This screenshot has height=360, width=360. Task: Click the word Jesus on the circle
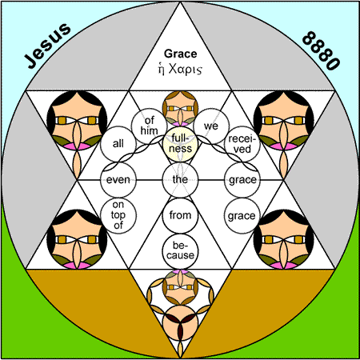[x=47, y=46]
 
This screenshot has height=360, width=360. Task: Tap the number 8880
[x=321, y=50]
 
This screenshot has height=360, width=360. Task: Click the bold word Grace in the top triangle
[x=181, y=54]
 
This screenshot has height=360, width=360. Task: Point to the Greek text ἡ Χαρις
[x=180, y=69]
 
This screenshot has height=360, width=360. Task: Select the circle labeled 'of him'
[x=149, y=126]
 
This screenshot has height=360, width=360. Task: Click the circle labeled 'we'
[x=211, y=126]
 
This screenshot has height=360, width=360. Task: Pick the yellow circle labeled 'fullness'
[x=181, y=143]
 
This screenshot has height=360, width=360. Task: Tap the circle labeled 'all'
[x=118, y=144]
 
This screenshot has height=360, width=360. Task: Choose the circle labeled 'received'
[x=242, y=144]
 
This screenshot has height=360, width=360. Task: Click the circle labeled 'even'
[x=118, y=180]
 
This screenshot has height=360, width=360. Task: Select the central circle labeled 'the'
[x=181, y=180]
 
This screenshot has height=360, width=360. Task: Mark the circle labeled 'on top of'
[x=118, y=216]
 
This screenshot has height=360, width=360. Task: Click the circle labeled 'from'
[x=181, y=215]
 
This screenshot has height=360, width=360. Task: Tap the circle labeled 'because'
[x=181, y=251]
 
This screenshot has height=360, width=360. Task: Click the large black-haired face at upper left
[x=77, y=120]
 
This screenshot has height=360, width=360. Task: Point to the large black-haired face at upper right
[x=283, y=120]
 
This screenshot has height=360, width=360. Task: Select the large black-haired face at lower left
[x=77, y=239]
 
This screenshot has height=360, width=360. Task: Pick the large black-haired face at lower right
[x=283, y=239]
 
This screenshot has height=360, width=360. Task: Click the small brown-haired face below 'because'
[x=181, y=287]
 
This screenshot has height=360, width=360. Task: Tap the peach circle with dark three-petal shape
[x=181, y=323]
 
